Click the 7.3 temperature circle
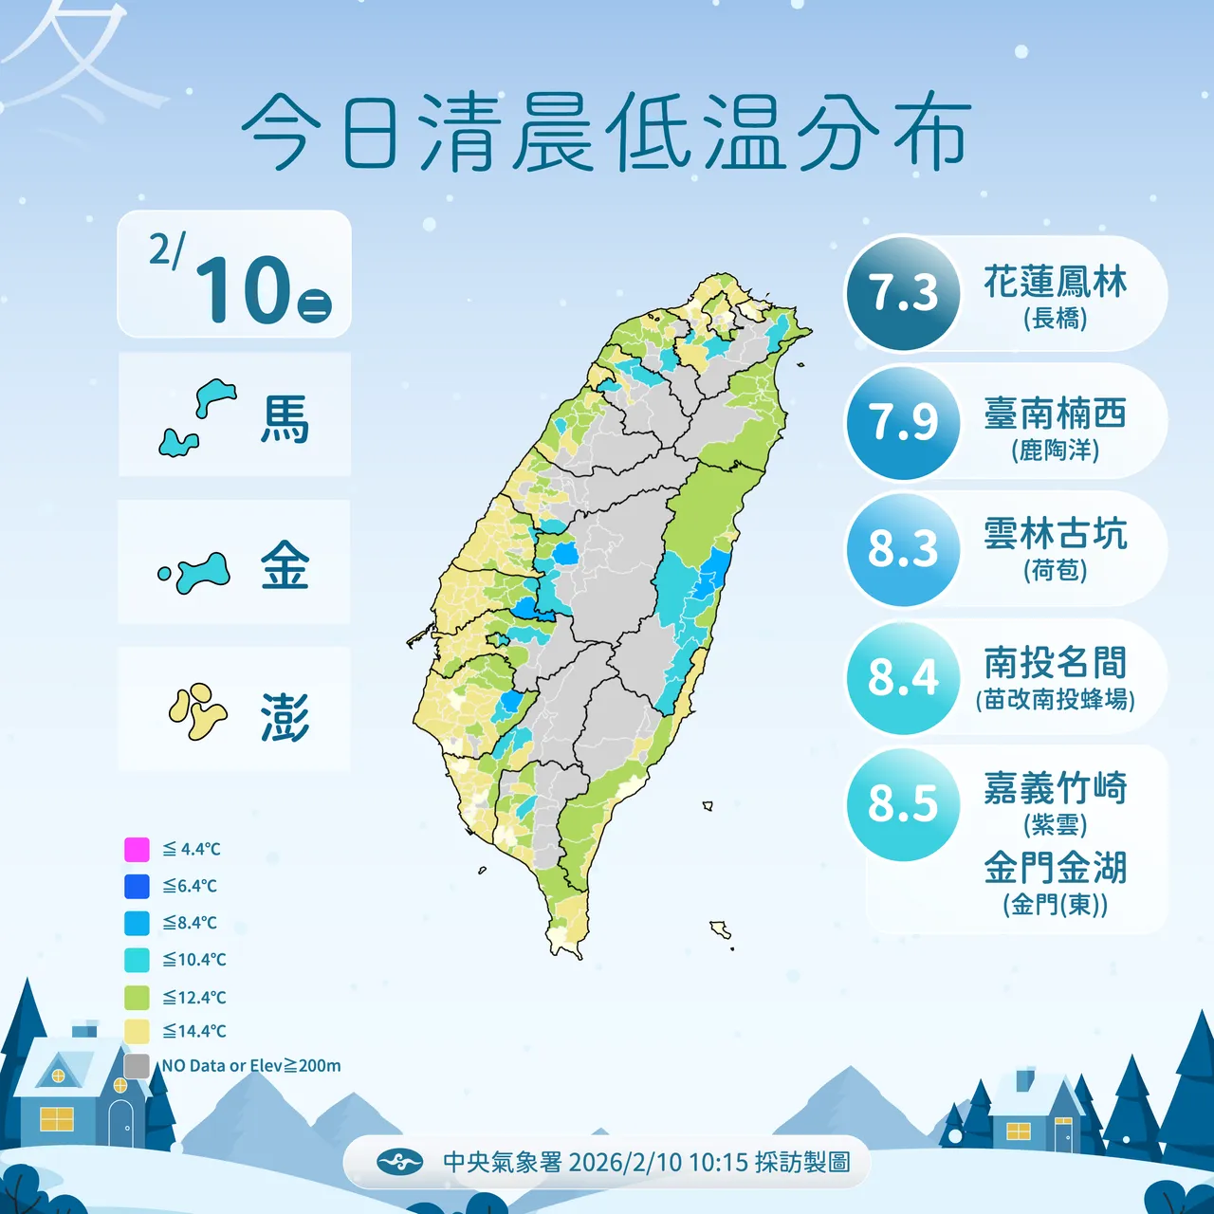coord(903,293)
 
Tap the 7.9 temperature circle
coord(903,422)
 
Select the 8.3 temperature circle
coord(903,549)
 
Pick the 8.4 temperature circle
coord(903,677)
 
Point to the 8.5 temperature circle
coord(903,804)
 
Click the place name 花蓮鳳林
coord(1055,282)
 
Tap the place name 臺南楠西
coord(1055,414)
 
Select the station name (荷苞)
coord(1055,571)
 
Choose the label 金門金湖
coord(1055,867)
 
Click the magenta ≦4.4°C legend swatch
coord(138,849)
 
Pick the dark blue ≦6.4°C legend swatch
coord(138,886)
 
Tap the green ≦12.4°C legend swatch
coord(138,998)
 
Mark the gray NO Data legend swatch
coord(138,1066)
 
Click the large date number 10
coord(243,288)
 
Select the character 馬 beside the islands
coord(285,419)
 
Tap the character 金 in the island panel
coord(285,566)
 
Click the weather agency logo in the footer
coord(399,1162)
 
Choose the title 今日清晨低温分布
coord(606,133)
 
